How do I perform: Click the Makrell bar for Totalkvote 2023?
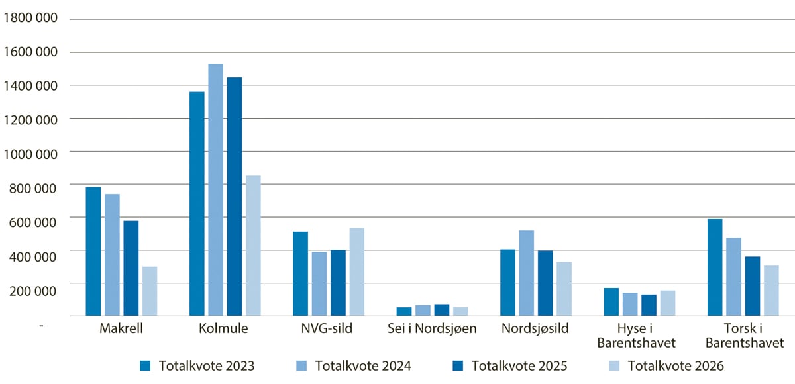[x=93, y=252]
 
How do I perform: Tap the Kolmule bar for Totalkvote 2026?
[x=253, y=246]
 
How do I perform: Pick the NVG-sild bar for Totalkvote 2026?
[x=356, y=272]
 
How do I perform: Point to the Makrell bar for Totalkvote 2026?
[x=150, y=291]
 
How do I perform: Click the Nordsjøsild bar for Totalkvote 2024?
[x=527, y=273]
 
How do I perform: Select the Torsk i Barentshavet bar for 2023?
[x=715, y=267]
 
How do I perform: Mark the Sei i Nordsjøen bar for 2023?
[x=404, y=312]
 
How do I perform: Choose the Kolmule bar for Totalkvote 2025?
[x=235, y=197]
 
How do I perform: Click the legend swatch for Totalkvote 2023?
[x=146, y=365]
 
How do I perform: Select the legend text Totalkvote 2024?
[x=363, y=365]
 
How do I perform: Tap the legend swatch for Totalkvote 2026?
[x=614, y=365]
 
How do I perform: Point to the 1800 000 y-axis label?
[x=31, y=18]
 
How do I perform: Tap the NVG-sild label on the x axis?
[x=328, y=329]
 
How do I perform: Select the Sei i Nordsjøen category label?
[x=432, y=329]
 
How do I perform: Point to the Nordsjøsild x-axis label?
[x=535, y=329]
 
